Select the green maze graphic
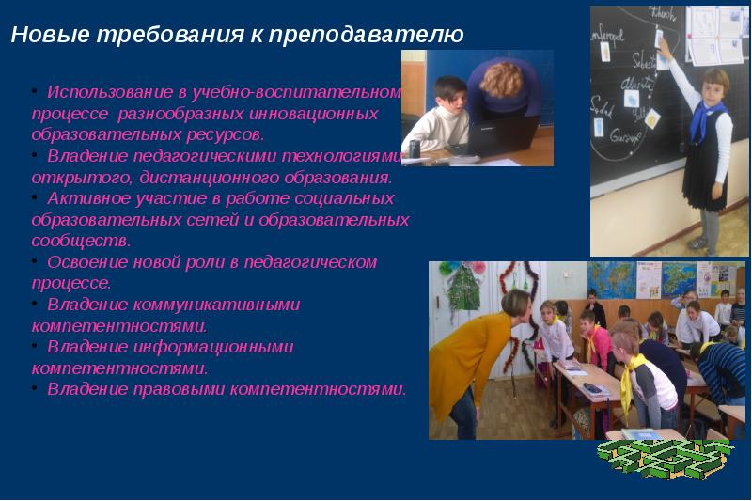(x=666, y=459)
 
